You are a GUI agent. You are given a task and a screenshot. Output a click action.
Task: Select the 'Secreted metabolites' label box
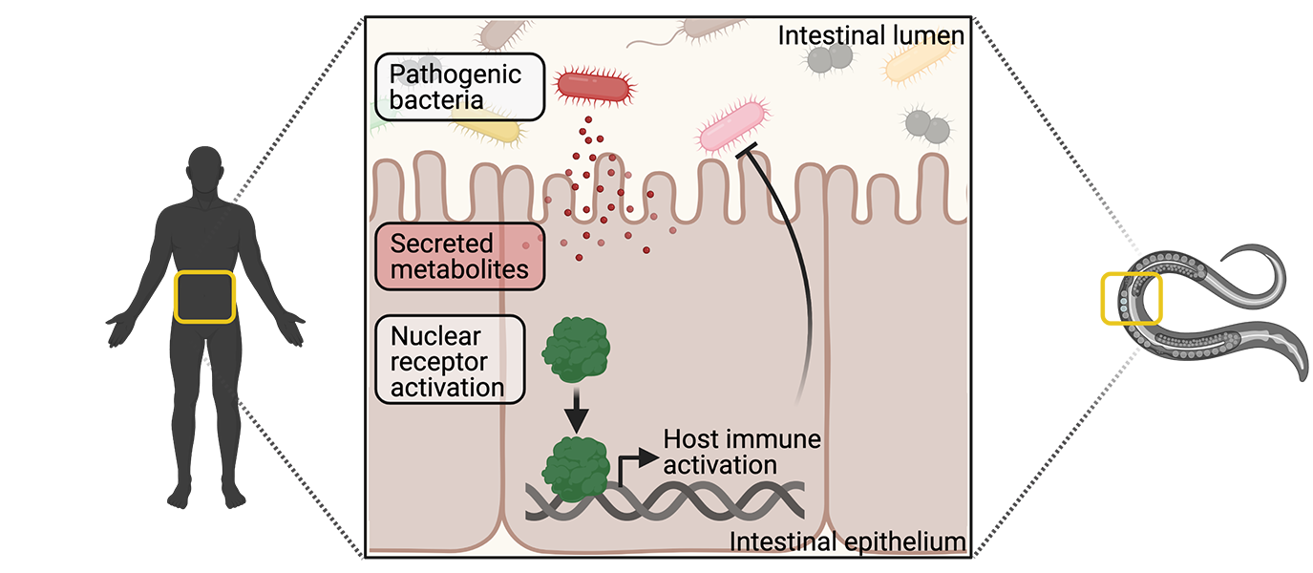pyautogui.click(x=460, y=256)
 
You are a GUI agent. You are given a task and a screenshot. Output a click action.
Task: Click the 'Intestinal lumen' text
pyautogui.click(x=871, y=36)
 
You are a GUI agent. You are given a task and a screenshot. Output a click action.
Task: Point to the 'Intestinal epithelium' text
pyautogui.click(x=848, y=542)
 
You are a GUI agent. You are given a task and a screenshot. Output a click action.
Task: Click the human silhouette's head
pyautogui.click(x=207, y=170)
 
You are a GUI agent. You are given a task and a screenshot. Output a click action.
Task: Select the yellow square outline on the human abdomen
pyautogui.click(x=204, y=297)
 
